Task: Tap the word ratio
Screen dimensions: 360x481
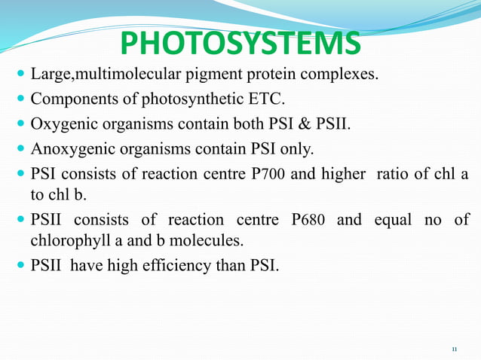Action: [x=418, y=175]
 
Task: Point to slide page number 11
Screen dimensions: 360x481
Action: [x=455, y=349]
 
